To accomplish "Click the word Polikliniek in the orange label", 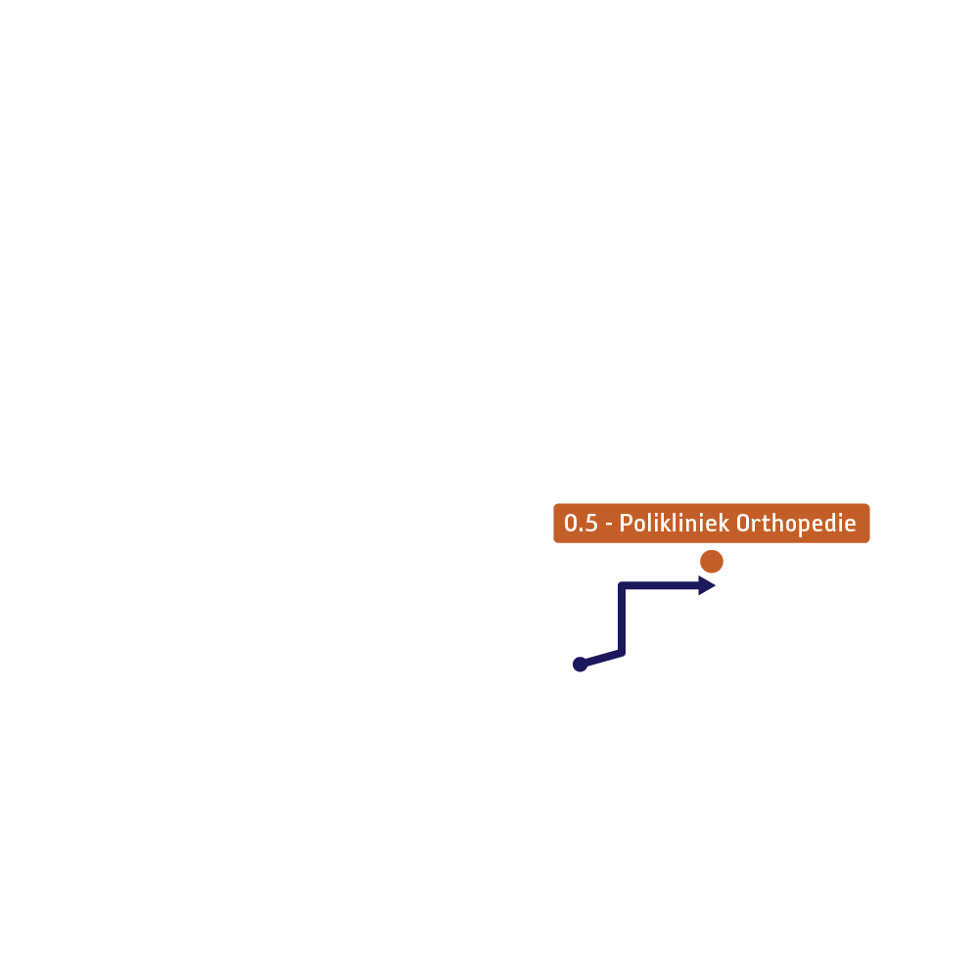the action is click(x=674, y=523).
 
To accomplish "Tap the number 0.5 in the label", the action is click(x=582, y=523).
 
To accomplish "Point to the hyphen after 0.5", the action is click(x=609, y=525).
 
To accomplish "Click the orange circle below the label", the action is click(x=711, y=561).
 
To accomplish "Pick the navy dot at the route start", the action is click(x=580, y=665).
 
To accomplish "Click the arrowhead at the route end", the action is click(x=707, y=585).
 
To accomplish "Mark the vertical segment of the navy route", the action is click(x=622, y=620).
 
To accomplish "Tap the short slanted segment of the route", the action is click(x=601, y=659).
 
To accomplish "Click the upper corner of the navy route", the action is click(x=622, y=585).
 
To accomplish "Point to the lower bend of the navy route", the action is click(x=622, y=653).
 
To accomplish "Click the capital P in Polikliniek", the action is click(x=626, y=523).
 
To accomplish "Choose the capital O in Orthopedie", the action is click(x=743, y=523).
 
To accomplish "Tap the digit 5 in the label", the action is click(x=591, y=523).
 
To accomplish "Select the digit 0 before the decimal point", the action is click(x=571, y=523).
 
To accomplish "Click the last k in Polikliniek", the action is click(x=723, y=523).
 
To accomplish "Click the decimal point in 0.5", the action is click(x=582, y=530).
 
